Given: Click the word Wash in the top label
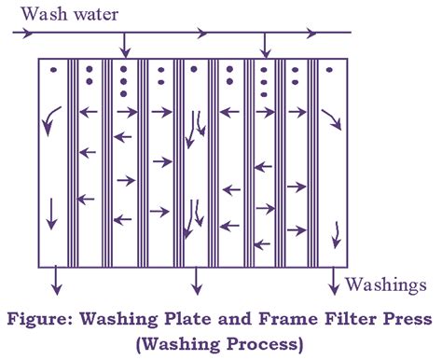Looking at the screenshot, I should (40, 14).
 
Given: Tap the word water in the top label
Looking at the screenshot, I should (92, 14).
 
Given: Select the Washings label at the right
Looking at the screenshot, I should (387, 282).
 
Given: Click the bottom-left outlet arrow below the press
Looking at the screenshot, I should (56, 277).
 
